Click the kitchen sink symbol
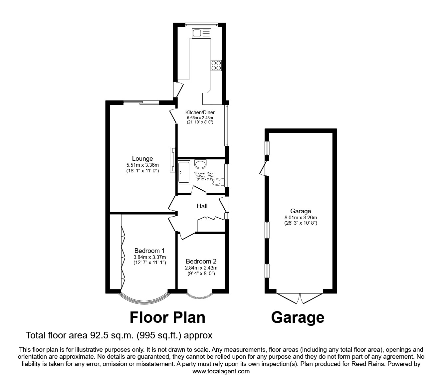pyautogui.click(x=201, y=33)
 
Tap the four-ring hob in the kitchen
pyautogui.click(x=216, y=65)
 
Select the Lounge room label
pyautogui.click(x=142, y=159)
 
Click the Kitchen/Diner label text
pyautogui.click(x=200, y=112)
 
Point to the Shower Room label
pyautogui.click(x=205, y=173)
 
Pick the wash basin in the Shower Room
pyautogui.click(x=200, y=164)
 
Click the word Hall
pyautogui.click(x=202, y=206)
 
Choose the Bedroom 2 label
pyautogui.click(x=201, y=262)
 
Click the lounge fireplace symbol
pyautogui.click(x=173, y=159)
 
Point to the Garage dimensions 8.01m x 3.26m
pyautogui.click(x=301, y=217)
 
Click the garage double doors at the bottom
pyautogui.click(x=300, y=298)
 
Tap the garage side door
pyautogui.click(x=263, y=168)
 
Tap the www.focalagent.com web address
pyautogui.click(x=221, y=371)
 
